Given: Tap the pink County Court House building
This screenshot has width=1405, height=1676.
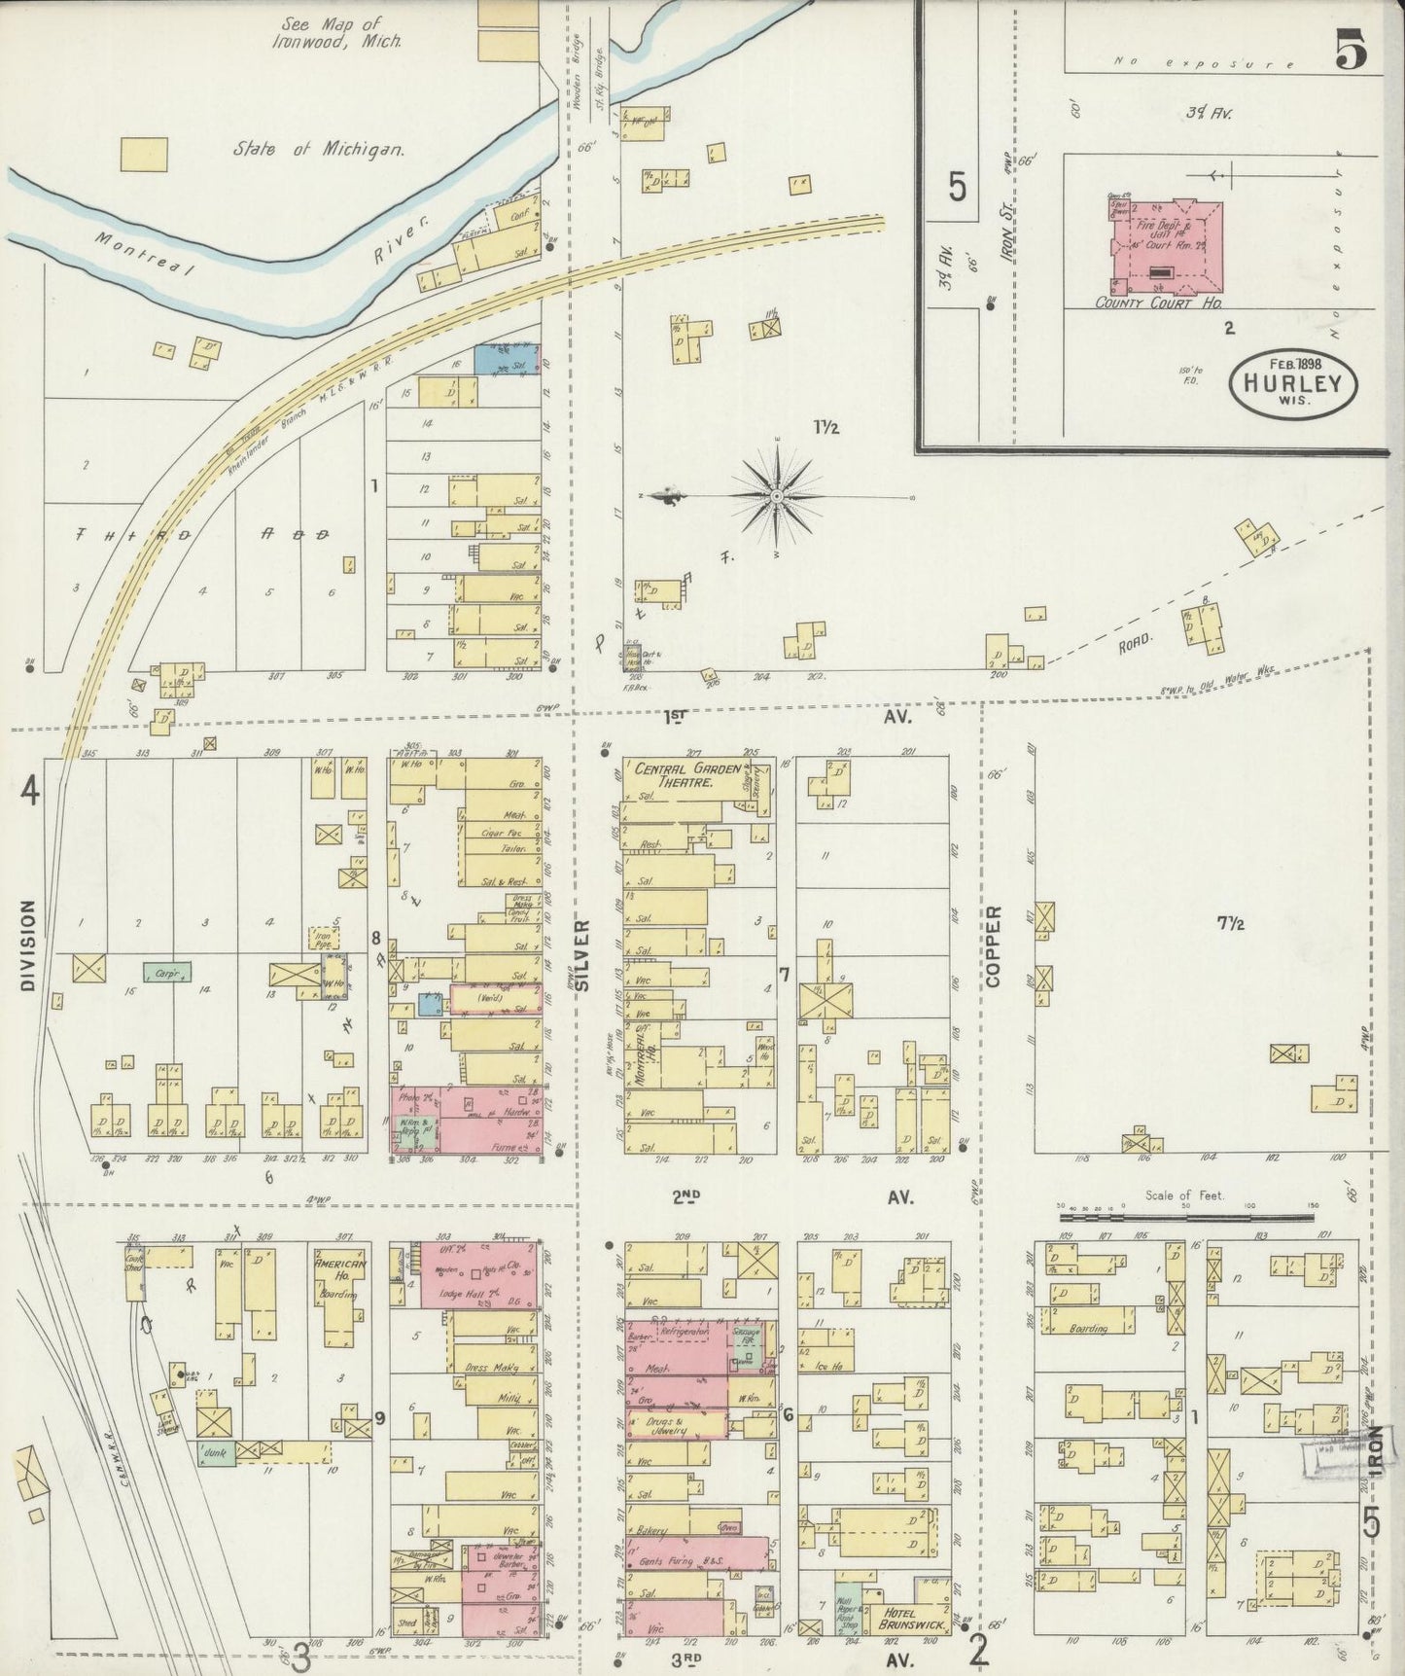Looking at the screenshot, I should [1168, 247].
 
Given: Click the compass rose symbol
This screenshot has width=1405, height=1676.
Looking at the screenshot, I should [777, 497].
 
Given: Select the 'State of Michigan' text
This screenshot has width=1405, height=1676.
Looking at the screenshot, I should [318, 150].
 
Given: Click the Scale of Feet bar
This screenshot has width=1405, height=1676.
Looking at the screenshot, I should [1185, 1215].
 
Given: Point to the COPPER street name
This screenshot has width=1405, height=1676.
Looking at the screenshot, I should [994, 946].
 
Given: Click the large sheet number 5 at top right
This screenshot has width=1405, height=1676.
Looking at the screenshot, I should [1351, 51].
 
